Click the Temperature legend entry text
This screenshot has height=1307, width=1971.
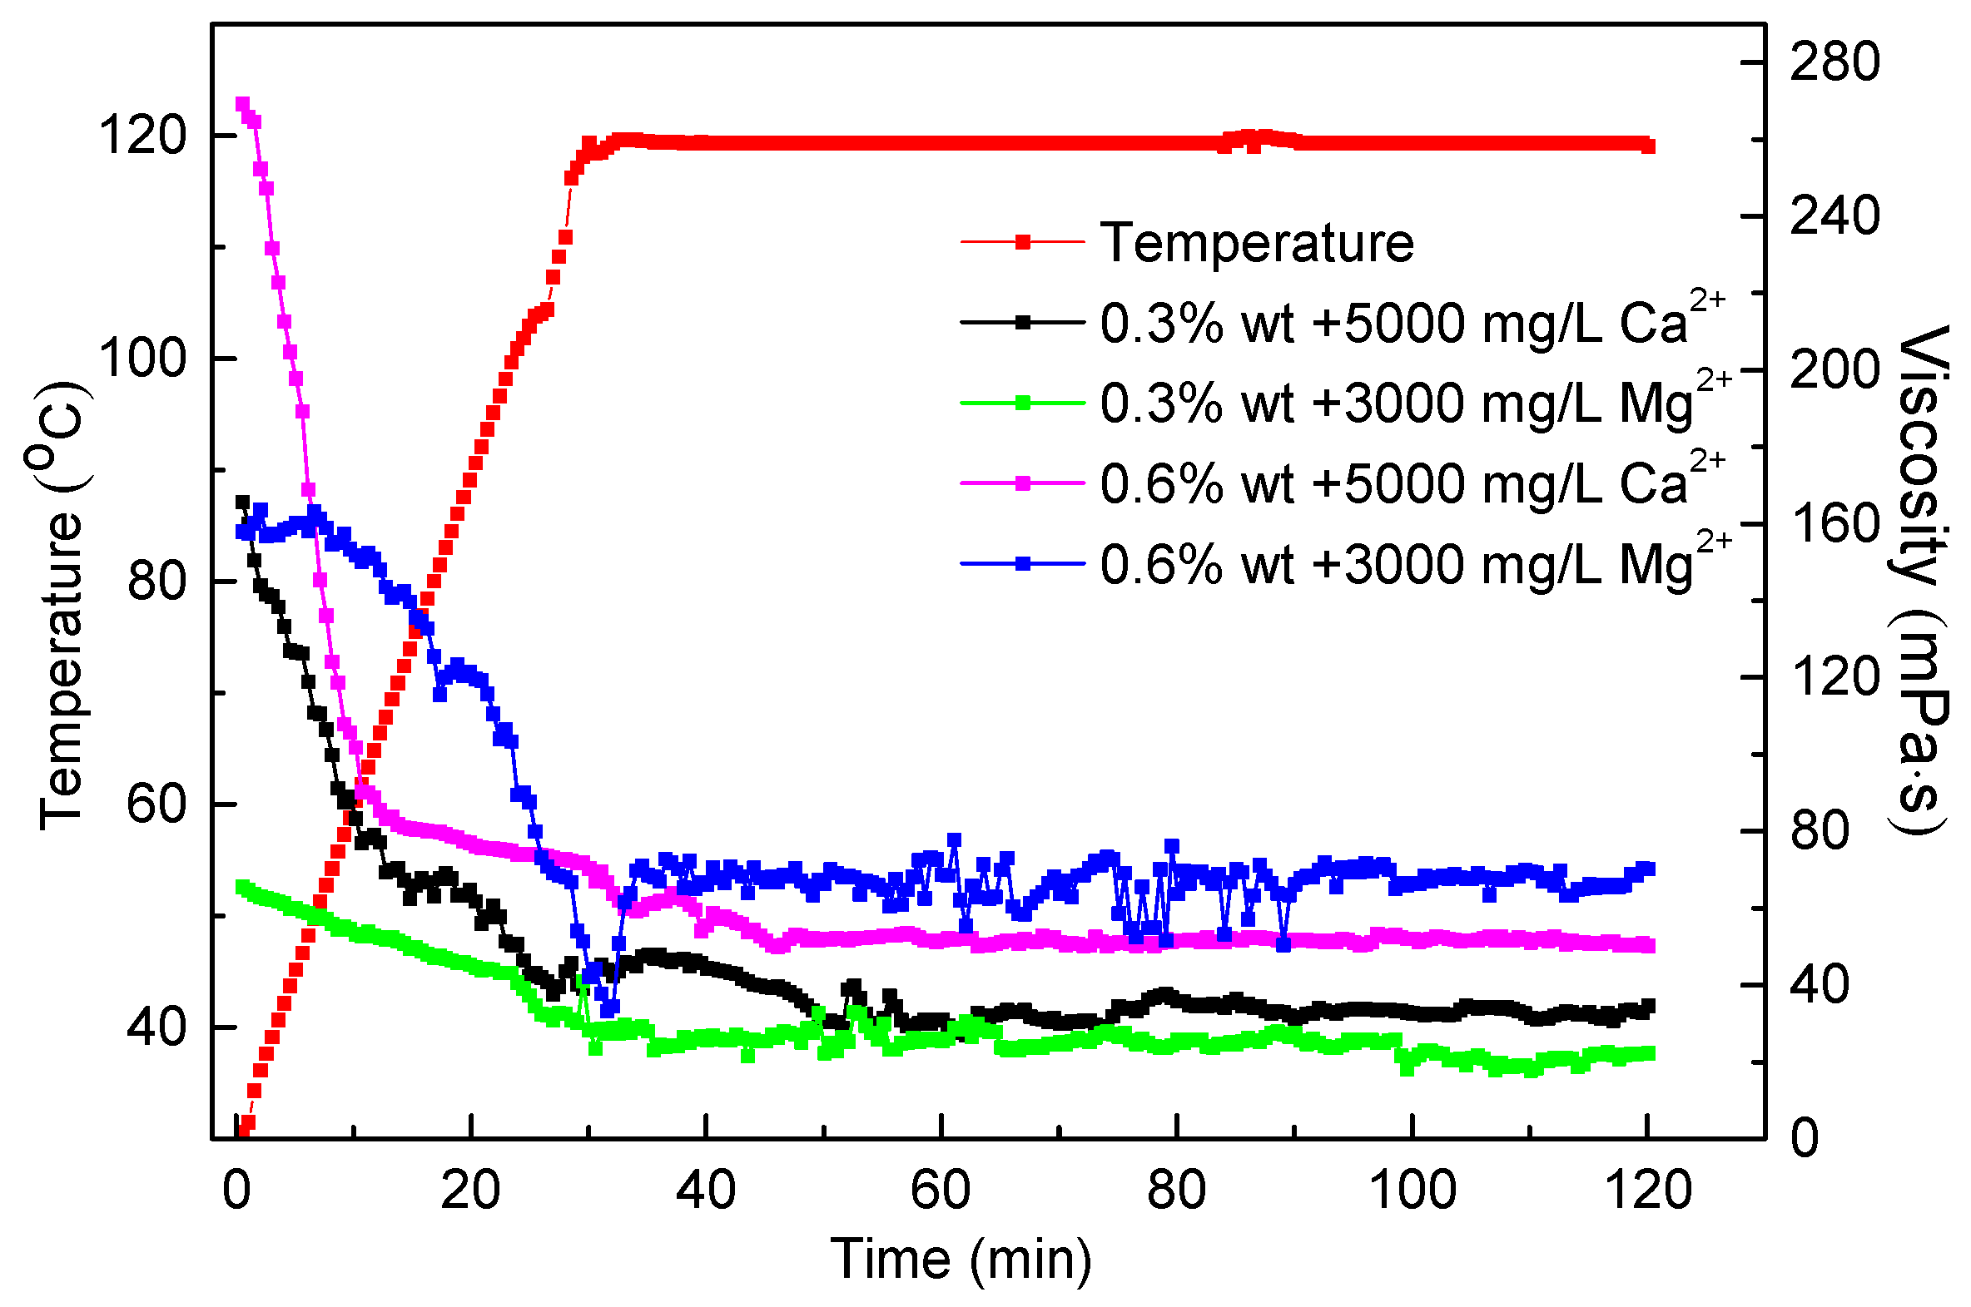(x=1257, y=244)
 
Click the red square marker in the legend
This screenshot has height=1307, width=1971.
(x=1022, y=243)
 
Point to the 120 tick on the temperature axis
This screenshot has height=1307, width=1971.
(x=142, y=135)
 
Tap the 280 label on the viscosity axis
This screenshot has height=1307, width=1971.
(x=1834, y=62)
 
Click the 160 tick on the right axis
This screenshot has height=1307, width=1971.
(x=1834, y=523)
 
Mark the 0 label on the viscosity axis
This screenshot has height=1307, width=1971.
(x=1805, y=1138)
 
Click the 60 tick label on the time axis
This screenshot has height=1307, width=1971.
(x=941, y=1191)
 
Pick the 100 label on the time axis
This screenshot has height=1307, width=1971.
(x=1412, y=1191)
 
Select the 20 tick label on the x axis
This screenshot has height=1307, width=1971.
(x=470, y=1191)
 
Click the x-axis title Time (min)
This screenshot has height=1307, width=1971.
(x=961, y=1259)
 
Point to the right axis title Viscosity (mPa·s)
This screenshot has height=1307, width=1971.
(x=1923, y=579)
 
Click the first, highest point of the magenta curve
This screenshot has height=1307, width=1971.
(x=242, y=104)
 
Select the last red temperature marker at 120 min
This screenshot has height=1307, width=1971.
(x=1647, y=146)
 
